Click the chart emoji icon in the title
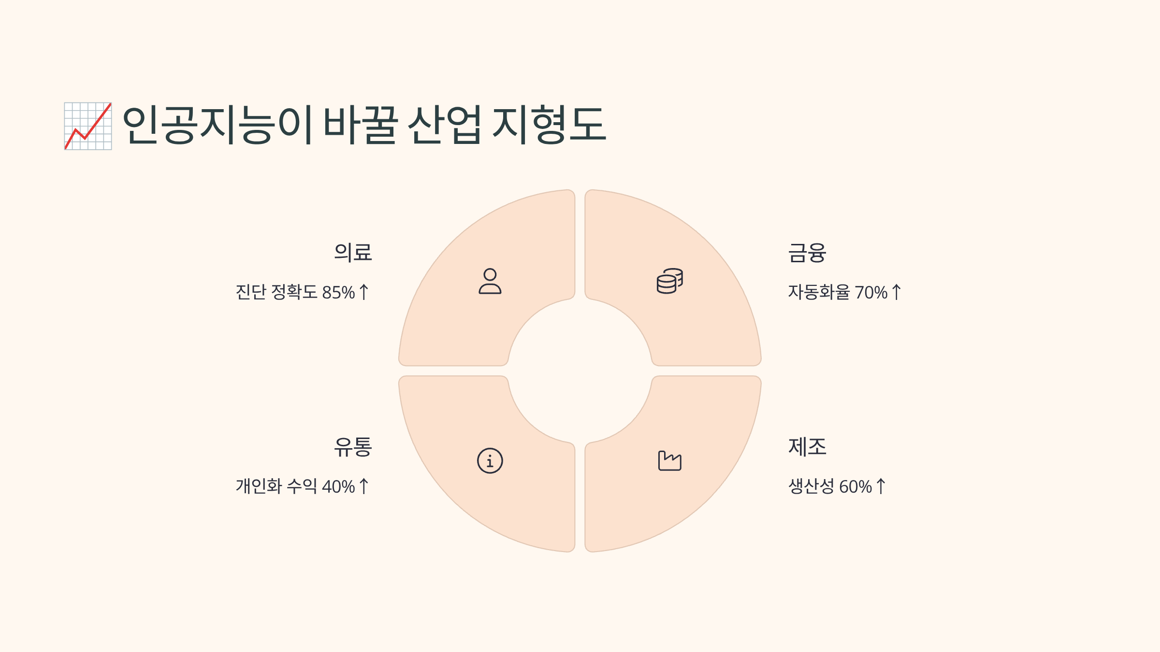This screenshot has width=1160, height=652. pos(88,126)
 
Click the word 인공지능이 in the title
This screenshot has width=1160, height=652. pos(217,125)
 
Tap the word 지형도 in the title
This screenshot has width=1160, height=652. pos(549,125)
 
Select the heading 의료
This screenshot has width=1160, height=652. pos(353,253)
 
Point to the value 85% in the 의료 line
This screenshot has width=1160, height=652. pos(338,293)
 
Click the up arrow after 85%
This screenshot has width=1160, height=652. pos(364,292)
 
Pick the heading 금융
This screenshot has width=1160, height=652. pos(807,253)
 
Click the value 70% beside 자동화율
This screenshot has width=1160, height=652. pos(871,293)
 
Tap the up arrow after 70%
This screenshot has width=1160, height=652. pos(897,292)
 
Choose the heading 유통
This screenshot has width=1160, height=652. pos(353,447)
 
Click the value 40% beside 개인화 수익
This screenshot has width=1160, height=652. pos(338,487)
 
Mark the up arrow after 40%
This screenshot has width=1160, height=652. pos(364,486)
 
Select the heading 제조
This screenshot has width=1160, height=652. pos(807,447)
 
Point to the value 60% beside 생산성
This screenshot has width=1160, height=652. pos(855,487)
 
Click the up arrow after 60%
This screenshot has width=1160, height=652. pos(881,486)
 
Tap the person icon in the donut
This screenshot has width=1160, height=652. pos(490,281)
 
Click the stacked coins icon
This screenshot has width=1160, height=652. pos(670,281)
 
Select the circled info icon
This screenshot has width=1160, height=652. pos(490,461)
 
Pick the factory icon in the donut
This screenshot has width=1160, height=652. pos(670,461)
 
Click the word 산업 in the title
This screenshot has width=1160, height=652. pos(445,125)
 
